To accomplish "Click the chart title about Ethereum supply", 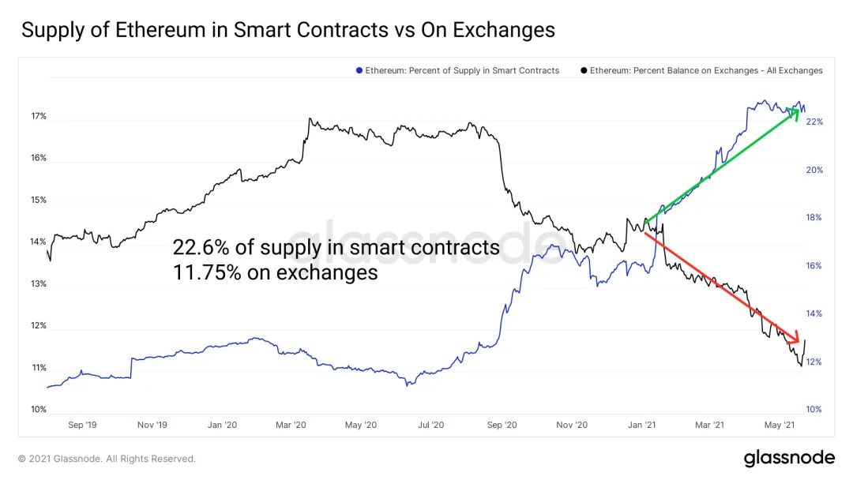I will point(288,31).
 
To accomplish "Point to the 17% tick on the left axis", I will point(39,116).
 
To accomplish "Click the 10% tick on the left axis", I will point(39,409).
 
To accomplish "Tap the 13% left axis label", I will point(39,283).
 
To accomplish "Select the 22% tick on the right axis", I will point(814,122).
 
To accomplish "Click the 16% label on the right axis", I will point(814,266).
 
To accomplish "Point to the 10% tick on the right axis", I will point(814,409).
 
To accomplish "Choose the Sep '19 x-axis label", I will point(82,425).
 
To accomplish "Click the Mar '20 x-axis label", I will point(291,425).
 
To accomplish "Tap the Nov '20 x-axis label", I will point(571,425).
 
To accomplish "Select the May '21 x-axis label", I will point(780,425).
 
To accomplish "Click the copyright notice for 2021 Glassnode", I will point(107,458).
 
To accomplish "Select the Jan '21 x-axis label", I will point(641,425).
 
